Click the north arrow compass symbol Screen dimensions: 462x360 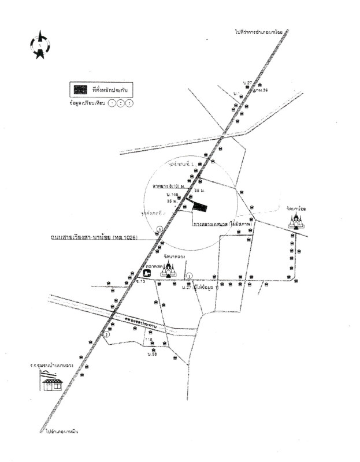tap(39, 44)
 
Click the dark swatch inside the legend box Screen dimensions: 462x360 tap(80, 90)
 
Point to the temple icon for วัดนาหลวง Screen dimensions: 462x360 tap(168, 269)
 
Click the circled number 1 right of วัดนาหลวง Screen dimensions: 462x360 tap(189, 275)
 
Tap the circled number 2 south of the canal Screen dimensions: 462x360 tap(106, 334)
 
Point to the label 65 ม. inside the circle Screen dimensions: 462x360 tap(200, 189)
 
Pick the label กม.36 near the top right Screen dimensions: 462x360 tap(262, 90)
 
